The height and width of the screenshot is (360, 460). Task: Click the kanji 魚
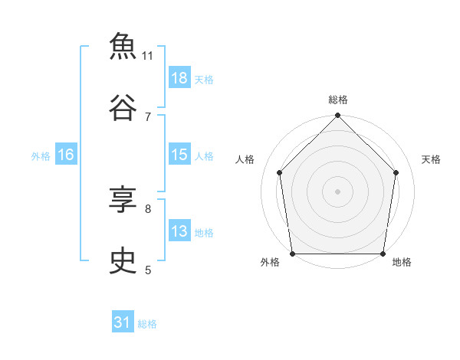(123, 46)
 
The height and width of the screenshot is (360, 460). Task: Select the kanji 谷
(123, 107)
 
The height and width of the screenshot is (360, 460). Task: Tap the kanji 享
(123, 199)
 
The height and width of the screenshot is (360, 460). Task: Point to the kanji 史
(123, 260)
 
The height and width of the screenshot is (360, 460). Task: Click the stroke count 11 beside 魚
(147, 56)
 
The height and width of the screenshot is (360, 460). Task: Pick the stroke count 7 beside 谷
(148, 117)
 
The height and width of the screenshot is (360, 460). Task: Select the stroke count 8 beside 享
(148, 209)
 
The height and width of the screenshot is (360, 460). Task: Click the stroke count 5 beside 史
(148, 270)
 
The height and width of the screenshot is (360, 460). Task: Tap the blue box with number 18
(179, 77)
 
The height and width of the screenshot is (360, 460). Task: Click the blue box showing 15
(179, 154)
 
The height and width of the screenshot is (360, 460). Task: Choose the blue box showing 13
(179, 230)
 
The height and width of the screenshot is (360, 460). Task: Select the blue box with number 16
(66, 154)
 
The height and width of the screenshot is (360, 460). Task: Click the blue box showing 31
(123, 321)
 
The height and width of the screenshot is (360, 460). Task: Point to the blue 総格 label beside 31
(147, 324)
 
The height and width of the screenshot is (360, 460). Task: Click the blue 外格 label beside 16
(41, 156)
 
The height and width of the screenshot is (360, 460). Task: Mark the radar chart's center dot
(337, 191)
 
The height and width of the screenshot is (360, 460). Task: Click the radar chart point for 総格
(337, 115)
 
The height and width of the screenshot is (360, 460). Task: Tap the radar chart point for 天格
(396, 172)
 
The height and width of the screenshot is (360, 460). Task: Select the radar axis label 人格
(245, 159)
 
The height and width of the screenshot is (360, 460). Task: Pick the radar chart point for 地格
(383, 254)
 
